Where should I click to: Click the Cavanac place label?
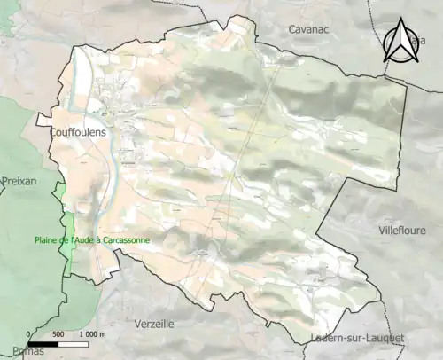[x=309, y=29]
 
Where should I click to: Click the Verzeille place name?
[x=159, y=324]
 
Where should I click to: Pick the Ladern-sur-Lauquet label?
[x=358, y=338]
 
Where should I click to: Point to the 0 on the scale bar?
[x=28, y=334]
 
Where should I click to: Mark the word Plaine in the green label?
[x=47, y=239]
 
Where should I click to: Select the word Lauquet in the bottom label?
[x=385, y=338]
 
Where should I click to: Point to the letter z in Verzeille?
[x=156, y=324]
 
